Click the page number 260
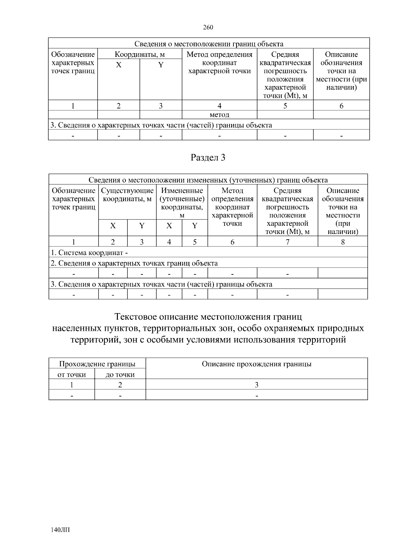pyautogui.click(x=208, y=28)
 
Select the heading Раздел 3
pyautogui.click(x=208, y=158)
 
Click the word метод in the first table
pyautogui.click(x=219, y=115)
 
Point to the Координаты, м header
pyautogui.click(x=140, y=54)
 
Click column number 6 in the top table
pyautogui.click(x=341, y=106)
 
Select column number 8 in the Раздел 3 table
pyautogui.click(x=343, y=242)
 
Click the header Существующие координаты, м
pyautogui.click(x=127, y=195)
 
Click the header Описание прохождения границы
pyautogui.click(x=256, y=364)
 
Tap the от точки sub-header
pyautogui.click(x=72, y=375)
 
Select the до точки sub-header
pyautogui.click(x=120, y=375)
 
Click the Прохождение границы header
pyautogui.click(x=97, y=364)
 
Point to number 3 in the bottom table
pyautogui.click(x=256, y=385)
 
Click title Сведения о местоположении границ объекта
pyautogui.click(x=209, y=44)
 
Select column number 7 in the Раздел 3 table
pyautogui.click(x=287, y=242)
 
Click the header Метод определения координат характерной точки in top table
pyautogui.click(x=219, y=63)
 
